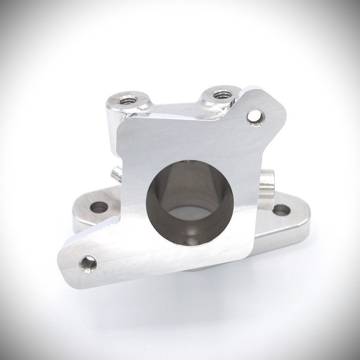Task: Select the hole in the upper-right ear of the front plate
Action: tap(255, 117)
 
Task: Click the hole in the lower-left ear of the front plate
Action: tap(88, 264)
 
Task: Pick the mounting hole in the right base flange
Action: tap(281, 210)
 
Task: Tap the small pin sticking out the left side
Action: tap(115, 173)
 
